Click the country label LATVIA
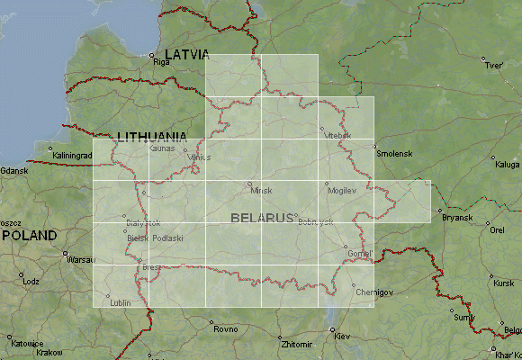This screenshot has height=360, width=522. [185, 53]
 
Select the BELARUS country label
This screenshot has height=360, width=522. [262, 218]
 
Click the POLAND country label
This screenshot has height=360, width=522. [29, 235]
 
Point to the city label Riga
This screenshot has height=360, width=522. [162, 63]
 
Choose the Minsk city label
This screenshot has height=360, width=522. [261, 191]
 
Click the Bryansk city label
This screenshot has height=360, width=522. [456, 218]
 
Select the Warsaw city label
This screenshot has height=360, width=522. [81, 261]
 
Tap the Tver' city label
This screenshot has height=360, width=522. [493, 66]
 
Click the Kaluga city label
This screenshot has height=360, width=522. [507, 165]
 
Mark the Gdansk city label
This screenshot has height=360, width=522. [14, 170]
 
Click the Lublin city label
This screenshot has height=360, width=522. [121, 302]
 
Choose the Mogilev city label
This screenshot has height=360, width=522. [342, 192]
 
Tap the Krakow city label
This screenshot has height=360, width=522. [49, 353]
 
